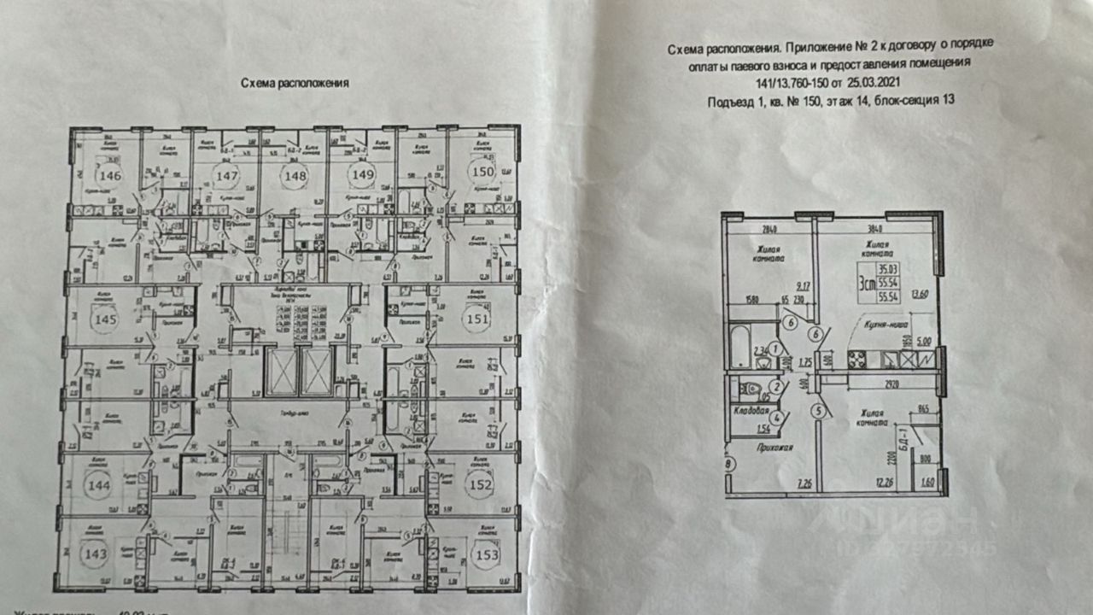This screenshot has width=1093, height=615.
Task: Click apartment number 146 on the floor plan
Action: (110, 177)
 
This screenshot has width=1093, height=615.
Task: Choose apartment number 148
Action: (295, 176)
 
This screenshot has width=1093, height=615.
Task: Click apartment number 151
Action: (473, 319)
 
